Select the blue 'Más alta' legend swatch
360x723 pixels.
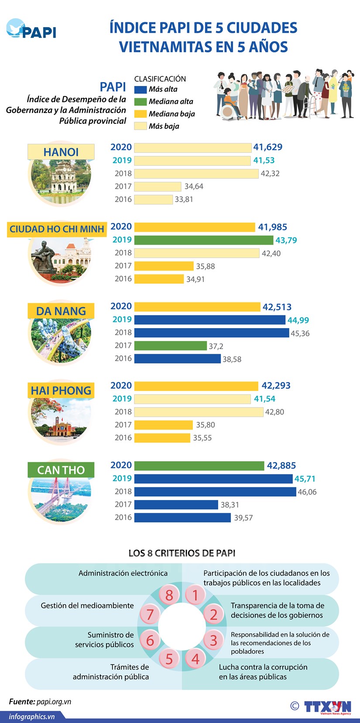pyautogui.click(x=140, y=89)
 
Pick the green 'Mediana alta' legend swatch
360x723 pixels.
pyautogui.click(x=140, y=102)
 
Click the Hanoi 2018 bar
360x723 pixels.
pyautogui.click(x=196, y=174)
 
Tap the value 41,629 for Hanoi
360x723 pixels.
pyautogui.click(x=268, y=147)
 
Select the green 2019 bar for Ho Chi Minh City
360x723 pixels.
pyautogui.click(x=203, y=240)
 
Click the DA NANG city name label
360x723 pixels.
pyautogui.click(x=61, y=311)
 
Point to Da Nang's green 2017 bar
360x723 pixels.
pyautogui.click(x=170, y=346)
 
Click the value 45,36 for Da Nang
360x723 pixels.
pyautogui.click(x=300, y=333)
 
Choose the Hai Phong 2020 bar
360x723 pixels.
pyautogui.click(x=196, y=386)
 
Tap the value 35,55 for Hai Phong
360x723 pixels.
pyautogui.click(x=202, y=438)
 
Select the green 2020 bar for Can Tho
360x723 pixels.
pyautogui.click(x=199, y=466)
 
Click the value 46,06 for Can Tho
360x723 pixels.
pyautogui.click(x=307, y=492)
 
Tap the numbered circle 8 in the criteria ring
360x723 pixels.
pyautogui.click(x=169, y=595)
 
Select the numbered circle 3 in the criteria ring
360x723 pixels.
pyautogui.click(x=213, y=640)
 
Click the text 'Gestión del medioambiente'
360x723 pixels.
pyautogui.click(x=87, y=606)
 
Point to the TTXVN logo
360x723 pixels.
pyautogui.click(x=328, y=707)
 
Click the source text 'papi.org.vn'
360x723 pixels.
pyautogui.click(x=54, y=702)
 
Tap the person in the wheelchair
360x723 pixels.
pyautogui.click(x=229, y=105)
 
